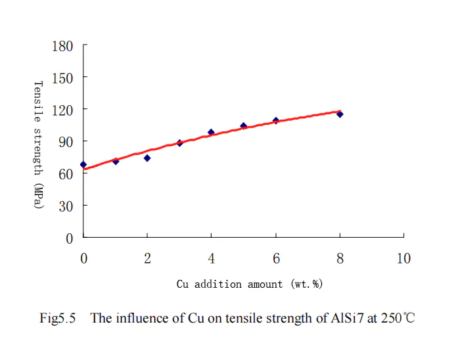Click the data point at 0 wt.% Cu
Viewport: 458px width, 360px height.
83,164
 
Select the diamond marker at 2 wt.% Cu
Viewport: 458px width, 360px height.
147,158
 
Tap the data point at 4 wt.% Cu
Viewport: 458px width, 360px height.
211,132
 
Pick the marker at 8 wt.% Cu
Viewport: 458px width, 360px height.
340,114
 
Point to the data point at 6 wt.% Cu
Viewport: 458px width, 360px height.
276,120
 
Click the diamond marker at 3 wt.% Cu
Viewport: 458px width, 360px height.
179,143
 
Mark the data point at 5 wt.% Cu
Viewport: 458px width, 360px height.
243,125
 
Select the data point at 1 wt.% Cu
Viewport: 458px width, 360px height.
116,161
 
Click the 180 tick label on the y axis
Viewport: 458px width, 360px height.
62,47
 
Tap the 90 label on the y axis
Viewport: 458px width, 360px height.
66,142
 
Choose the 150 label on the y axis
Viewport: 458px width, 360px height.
62,78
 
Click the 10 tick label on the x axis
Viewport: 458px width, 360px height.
403,258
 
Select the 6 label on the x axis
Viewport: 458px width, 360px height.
276,258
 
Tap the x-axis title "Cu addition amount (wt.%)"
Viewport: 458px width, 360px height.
249,284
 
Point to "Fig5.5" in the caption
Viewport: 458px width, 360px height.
58,319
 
